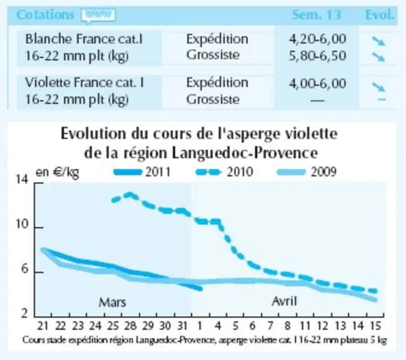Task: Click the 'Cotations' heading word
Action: (x=45, y=15)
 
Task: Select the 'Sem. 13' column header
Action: (x=317, y=15)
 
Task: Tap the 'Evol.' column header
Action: (x=379, y=15)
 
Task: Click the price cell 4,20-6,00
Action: (x=317, y=39)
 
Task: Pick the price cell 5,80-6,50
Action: (x=317, y=56)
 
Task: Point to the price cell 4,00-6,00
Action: (x=317, y=84)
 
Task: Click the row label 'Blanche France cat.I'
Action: (x=84, y=39)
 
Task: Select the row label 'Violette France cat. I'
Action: (x=84, y=82)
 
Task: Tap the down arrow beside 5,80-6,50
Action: (x=378, y=57)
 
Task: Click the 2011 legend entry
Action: (x=142, y=172)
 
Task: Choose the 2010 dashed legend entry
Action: (x=224, y=172)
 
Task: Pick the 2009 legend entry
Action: (x=307, y=172)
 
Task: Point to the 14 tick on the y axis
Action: (x=22, y=179)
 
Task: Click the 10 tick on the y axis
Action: (x=22, y=224)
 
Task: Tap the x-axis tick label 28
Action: (x=130, y=326)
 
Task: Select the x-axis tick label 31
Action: (x=182, y=326)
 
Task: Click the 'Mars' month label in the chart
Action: (x=113, y=302)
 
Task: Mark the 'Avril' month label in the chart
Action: (x=284, y=301)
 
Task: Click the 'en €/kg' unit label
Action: (x=57, y=172)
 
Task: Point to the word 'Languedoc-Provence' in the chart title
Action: (x=245, y=153)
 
